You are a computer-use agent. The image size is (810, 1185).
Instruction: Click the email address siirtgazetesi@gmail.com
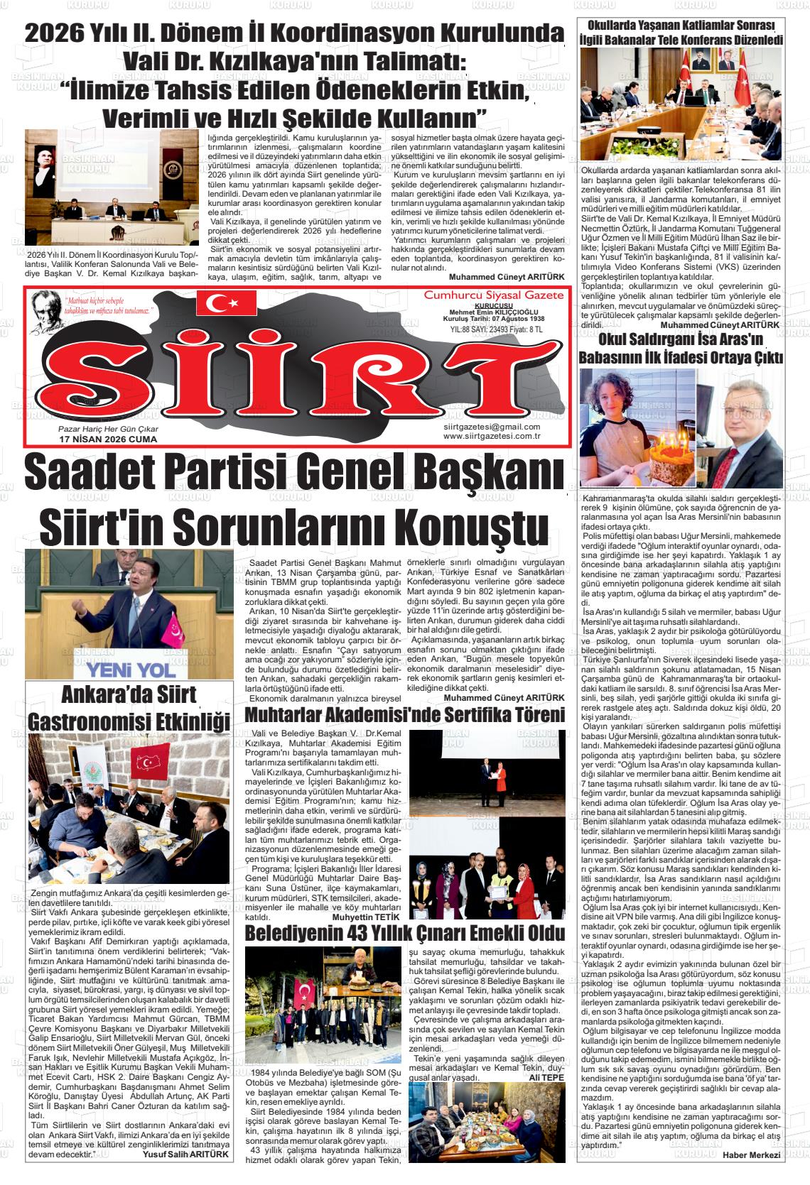491,426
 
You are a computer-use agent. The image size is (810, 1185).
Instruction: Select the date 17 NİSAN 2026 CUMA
107,439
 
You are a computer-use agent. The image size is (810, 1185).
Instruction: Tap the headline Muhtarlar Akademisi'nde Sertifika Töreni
405,714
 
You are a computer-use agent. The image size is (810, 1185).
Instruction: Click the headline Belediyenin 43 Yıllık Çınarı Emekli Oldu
405,932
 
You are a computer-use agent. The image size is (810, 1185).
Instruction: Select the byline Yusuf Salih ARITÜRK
187,1154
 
